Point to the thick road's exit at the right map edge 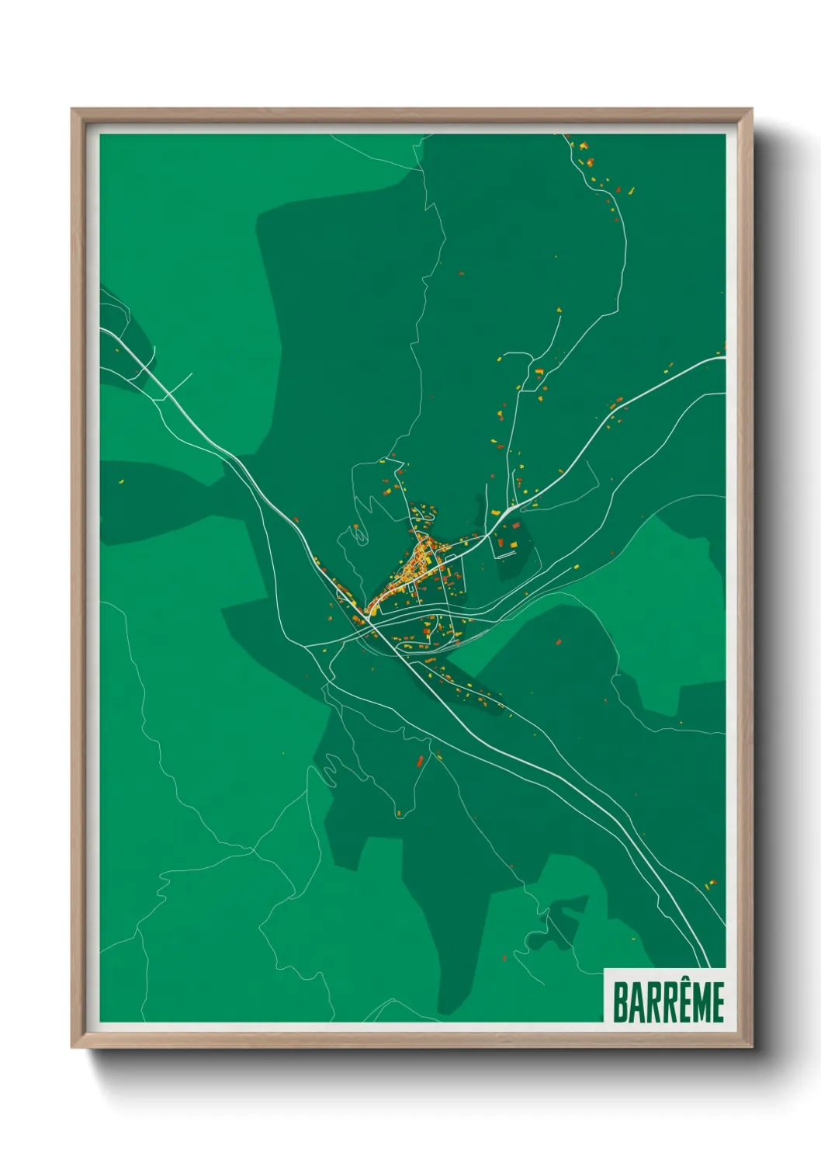723,358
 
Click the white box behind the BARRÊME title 665,995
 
